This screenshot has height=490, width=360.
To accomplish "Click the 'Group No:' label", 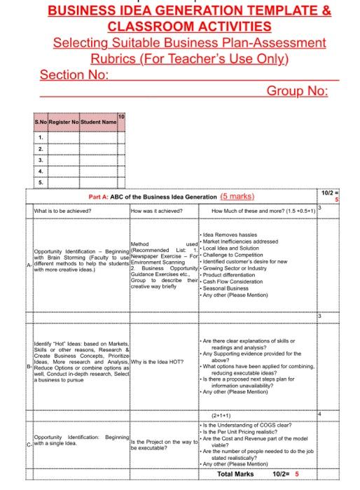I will (x=298, y=90).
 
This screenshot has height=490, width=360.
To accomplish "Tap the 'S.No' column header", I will (x=41, y=123).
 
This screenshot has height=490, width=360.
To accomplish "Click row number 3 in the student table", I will (x=41, y=159).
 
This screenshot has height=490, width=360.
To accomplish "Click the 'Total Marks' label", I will (x=235, y=474).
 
